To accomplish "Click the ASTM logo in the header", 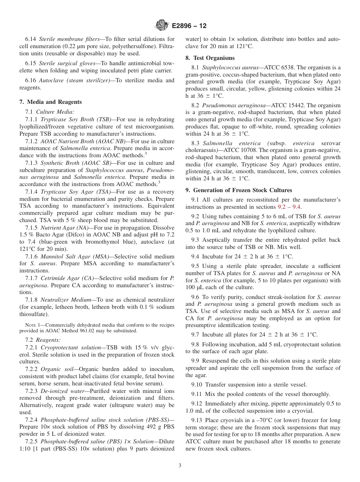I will tap(162, 26).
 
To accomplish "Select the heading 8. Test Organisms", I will tap(210, 58).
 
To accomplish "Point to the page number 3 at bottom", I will tap(180, 466).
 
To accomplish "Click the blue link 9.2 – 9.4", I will tap(289, 207).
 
